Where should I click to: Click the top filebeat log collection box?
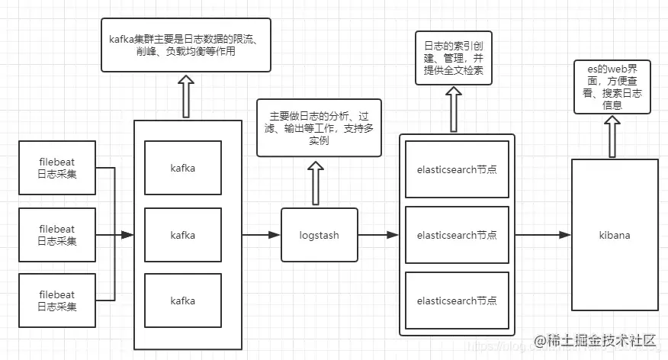click(x=57, y=168)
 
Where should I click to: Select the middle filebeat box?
click(x=57, y=235)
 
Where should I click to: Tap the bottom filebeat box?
click(x=57, y=301)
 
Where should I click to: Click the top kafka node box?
click(x=182, y=168)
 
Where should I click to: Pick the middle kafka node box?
click(x=182, y=235)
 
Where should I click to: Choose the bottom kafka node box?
click(x=182, y=301)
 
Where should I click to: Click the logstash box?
click(x=319, y=235)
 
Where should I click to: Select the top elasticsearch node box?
click(x=457, y=169)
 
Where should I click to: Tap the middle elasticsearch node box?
click(x=457, y=235)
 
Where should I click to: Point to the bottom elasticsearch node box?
click(x=457, y=301)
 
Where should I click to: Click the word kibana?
click(x=614, y=235)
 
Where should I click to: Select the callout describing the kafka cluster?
click(x=185, y=46)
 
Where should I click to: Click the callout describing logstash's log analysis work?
click(x=319, y=128)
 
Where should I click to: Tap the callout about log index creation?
click(x=453, y=58)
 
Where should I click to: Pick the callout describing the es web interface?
click(x=612, y=88)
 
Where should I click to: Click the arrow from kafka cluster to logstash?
click(x=261, y=235)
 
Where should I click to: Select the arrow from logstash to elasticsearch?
click(x=378, y=235)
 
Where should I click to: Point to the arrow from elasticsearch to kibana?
click(x=543, y=235)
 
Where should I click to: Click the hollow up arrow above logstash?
click(x=319, y=182)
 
